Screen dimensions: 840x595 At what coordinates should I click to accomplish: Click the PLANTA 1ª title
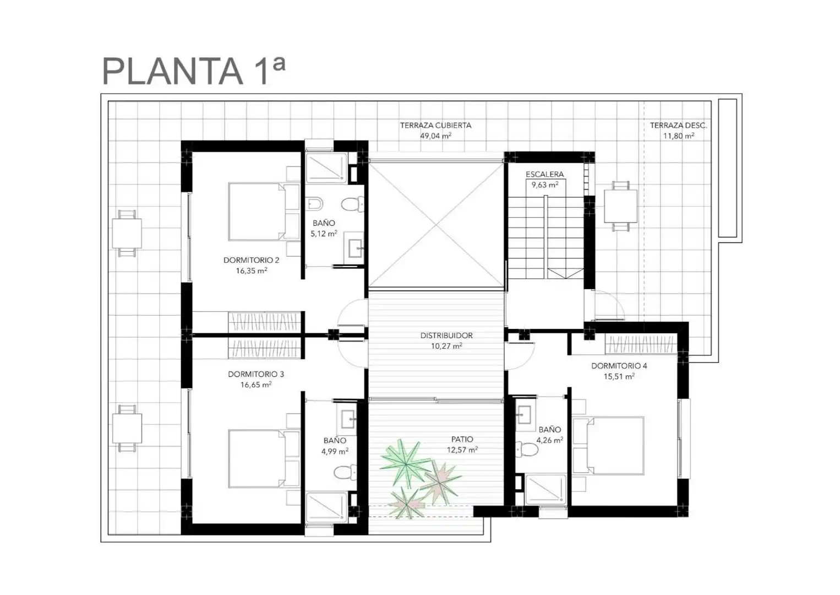(x=194, y=71)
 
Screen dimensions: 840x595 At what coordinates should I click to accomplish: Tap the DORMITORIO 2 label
(x=251, y=260)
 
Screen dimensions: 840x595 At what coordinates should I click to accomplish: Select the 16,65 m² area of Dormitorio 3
(x=256, y=385)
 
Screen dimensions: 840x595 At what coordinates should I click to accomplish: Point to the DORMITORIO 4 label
(x=619, y=366)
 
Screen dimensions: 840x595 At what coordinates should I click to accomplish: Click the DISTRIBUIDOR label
(x=446, y=335)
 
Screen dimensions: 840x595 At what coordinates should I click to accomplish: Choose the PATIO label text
(x=462, y=439)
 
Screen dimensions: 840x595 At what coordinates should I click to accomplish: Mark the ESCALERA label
(x=544, y=174)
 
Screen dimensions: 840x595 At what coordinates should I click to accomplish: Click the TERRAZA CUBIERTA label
(x=435, y=126)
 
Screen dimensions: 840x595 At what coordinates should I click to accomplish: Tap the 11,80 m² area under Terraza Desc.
(x=679, y=136)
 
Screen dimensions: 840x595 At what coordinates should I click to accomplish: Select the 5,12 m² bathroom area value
(x=324, y=234)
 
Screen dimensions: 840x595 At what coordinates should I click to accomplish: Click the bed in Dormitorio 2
(x=264, y=212)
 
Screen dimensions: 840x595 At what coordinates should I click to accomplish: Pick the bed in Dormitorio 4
(x=608, y=445)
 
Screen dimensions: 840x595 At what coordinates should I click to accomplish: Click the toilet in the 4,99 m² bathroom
(x=345, y=472)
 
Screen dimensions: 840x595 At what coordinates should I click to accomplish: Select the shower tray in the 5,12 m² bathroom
(x=326, y=168)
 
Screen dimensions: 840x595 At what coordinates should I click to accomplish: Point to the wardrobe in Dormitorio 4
(x=641, y=344)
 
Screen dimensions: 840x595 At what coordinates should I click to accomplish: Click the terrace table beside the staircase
(x=620, y=206)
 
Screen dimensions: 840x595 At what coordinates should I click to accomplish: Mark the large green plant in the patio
(x=405, y=464)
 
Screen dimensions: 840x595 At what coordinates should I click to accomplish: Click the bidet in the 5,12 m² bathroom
(x=314, y=204)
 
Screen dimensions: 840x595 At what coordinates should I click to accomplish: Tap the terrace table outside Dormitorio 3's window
(x=127, y=428)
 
